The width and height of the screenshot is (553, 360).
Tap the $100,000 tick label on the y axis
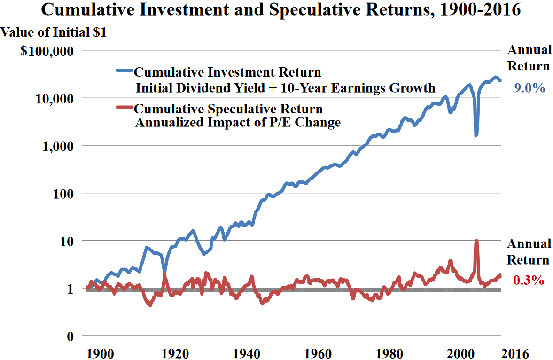47,51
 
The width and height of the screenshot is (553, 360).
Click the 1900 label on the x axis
100,352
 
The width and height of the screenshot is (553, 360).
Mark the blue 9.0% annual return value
529,87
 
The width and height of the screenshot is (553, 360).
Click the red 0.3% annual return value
529,281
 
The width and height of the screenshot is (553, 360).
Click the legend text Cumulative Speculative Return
228,110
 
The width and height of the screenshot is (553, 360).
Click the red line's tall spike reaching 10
476,242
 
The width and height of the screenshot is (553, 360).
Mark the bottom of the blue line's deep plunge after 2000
476,135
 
